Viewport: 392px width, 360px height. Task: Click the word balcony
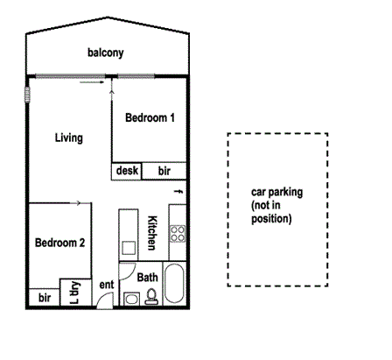coord(106,53)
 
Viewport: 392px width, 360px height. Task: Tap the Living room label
coord(68,138)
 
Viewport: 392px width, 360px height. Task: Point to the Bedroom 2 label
coord(59,243)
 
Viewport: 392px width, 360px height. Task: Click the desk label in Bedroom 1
coord(127,172)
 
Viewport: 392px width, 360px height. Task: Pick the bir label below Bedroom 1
coord(164,172)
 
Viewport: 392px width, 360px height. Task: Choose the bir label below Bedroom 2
coord(44,299)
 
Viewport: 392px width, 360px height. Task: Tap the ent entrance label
coord(107,285)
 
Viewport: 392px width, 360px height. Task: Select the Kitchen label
coord(151,230)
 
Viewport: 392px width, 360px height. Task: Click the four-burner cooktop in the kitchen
coord(178,234)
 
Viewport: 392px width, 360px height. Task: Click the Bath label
coord(148,278)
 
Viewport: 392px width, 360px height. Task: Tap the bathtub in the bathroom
coord(174,284)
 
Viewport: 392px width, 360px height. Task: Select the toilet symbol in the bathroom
coord(150,298)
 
